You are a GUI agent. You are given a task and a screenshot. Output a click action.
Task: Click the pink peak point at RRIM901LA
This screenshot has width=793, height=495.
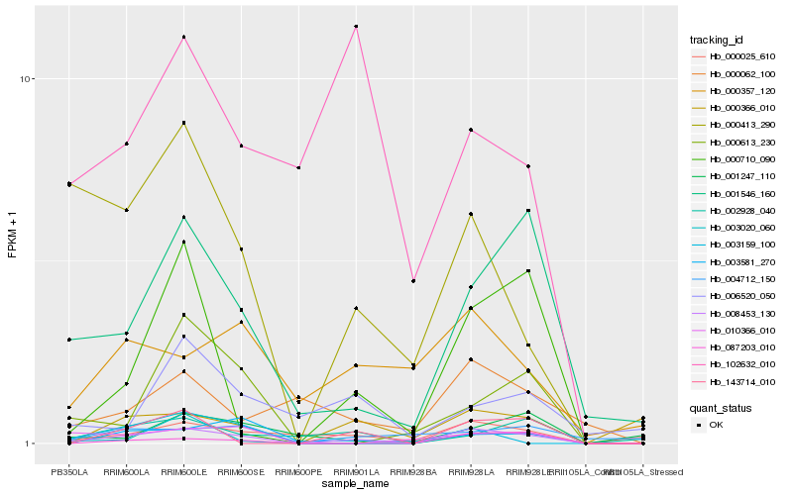pos(356,27)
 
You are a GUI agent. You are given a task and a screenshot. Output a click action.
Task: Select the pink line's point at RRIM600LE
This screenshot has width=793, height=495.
pos(183,38)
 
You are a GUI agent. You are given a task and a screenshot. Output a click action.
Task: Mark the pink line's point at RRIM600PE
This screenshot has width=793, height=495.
pos(298,168)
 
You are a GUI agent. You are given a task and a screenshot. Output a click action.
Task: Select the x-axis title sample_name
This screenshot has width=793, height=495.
pos(355,485)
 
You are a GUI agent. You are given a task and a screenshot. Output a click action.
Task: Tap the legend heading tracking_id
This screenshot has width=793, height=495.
pos(717,41)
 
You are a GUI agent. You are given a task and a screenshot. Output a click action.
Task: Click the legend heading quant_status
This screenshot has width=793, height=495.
pos(720,407)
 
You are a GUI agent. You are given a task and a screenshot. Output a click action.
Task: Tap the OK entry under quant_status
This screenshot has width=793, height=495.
pos(717,425)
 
